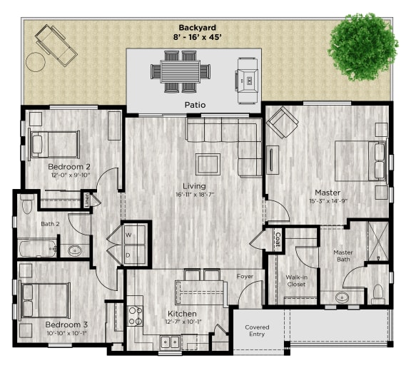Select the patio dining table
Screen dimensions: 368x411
point(181,71)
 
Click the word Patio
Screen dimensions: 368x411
point(194,105)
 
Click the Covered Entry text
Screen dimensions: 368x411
point(256,331)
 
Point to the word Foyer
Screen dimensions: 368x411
point(245,276)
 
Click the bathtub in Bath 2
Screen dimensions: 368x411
point(37,249)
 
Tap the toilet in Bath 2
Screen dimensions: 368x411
point(26,205)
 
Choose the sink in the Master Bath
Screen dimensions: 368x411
point(341,297)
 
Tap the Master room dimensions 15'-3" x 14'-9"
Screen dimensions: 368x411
point(327,201)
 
